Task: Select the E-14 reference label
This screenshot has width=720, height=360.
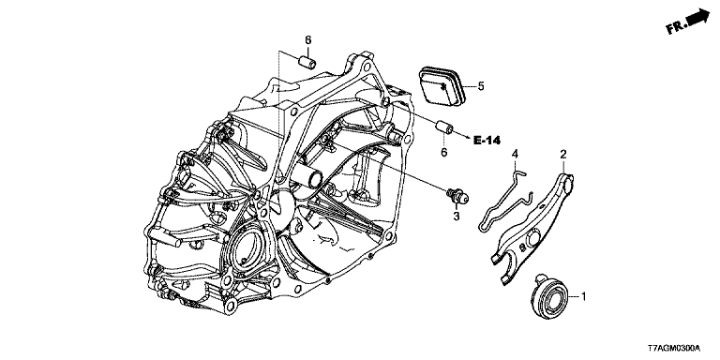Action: point(487,141)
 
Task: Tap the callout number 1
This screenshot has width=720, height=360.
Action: point(584,297)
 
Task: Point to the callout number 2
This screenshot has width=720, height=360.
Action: point(563,154)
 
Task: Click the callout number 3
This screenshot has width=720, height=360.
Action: point(457,216)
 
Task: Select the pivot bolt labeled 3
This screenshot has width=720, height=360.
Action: point(457,197)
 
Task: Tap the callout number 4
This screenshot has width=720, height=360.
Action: point(516,154)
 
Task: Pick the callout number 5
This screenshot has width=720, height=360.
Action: point(481,86)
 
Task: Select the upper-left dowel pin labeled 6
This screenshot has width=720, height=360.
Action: point(307,62)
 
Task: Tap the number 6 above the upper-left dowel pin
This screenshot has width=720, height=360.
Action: point(308,40)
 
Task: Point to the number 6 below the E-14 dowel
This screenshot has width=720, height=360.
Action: point(444,152)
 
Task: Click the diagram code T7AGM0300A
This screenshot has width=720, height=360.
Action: point(682,349)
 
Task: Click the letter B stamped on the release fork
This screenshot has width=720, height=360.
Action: point(521,247)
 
